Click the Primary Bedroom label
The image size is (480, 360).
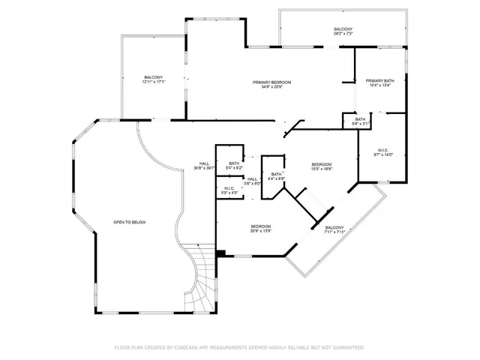tap(271, 82)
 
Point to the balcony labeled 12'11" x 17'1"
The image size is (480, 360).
tap(154, 78)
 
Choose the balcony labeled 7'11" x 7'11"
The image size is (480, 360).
tap(334, 228)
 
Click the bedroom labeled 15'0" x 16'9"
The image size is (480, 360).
tap(321, 165)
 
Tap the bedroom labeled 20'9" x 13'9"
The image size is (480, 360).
tap(260, 227)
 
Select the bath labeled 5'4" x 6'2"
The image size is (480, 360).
tap(234, 164)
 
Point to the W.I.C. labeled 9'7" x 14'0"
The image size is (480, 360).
tap(383, 151)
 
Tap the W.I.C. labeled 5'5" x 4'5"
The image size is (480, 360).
tap(229, 189)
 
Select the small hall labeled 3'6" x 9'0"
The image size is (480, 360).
tap(252, 179)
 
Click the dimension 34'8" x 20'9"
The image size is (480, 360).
tap(271, 88)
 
